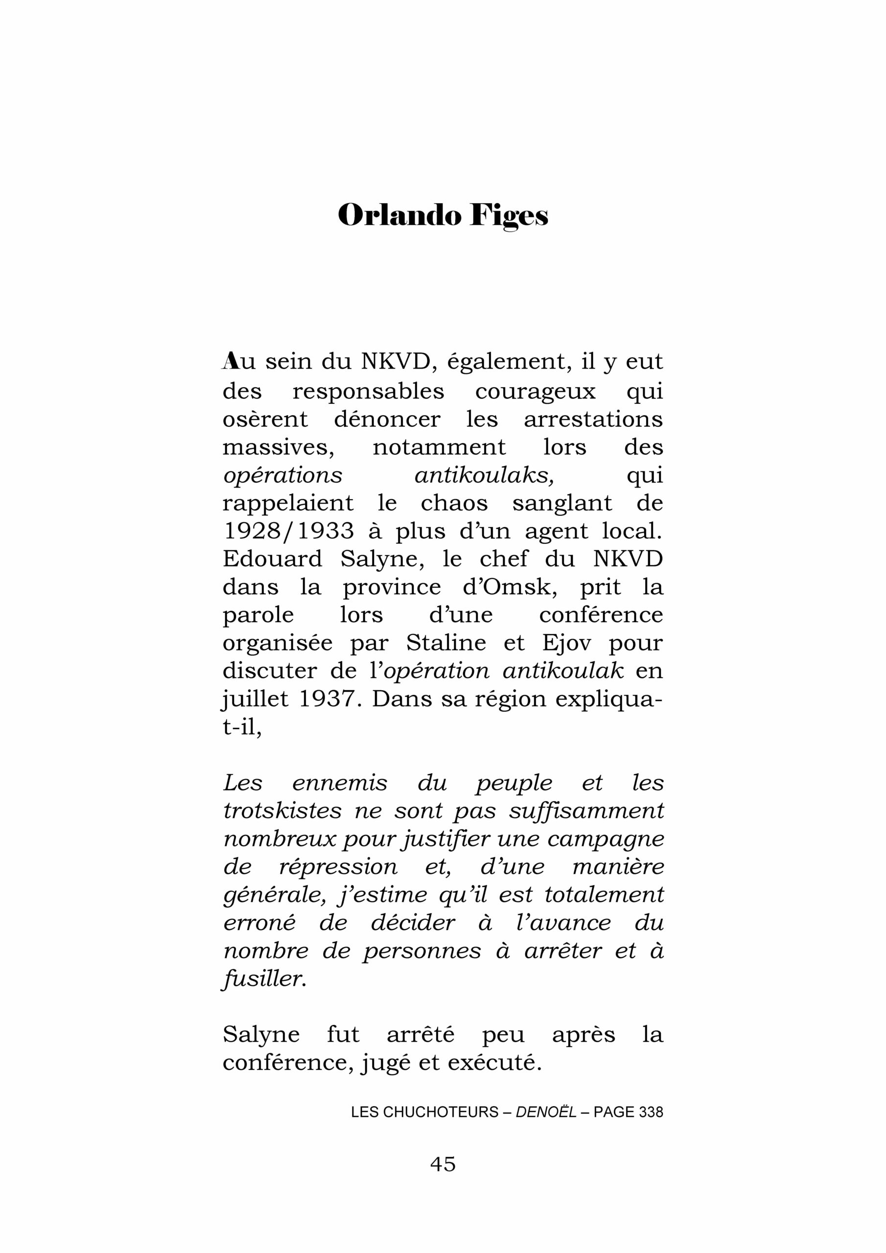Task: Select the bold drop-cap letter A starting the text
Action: click(x=231, y=361)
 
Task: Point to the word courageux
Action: click(x=535, y=391)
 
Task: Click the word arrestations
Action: click(x=593, y=419)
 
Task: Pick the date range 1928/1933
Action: click(x=288, y=531)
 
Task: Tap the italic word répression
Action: click(x=338, y=867)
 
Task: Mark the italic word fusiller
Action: click(x=264, y=978)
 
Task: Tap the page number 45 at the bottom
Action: click(x=443, y=1164)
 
